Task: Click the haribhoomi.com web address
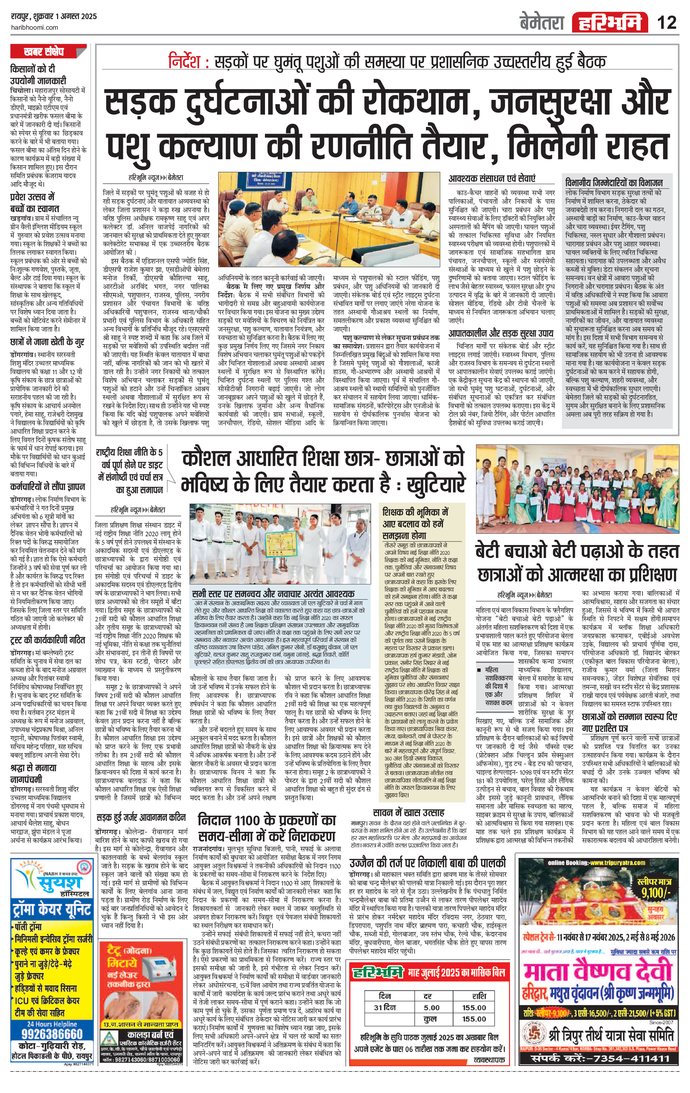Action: click(x=34, y=28)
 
